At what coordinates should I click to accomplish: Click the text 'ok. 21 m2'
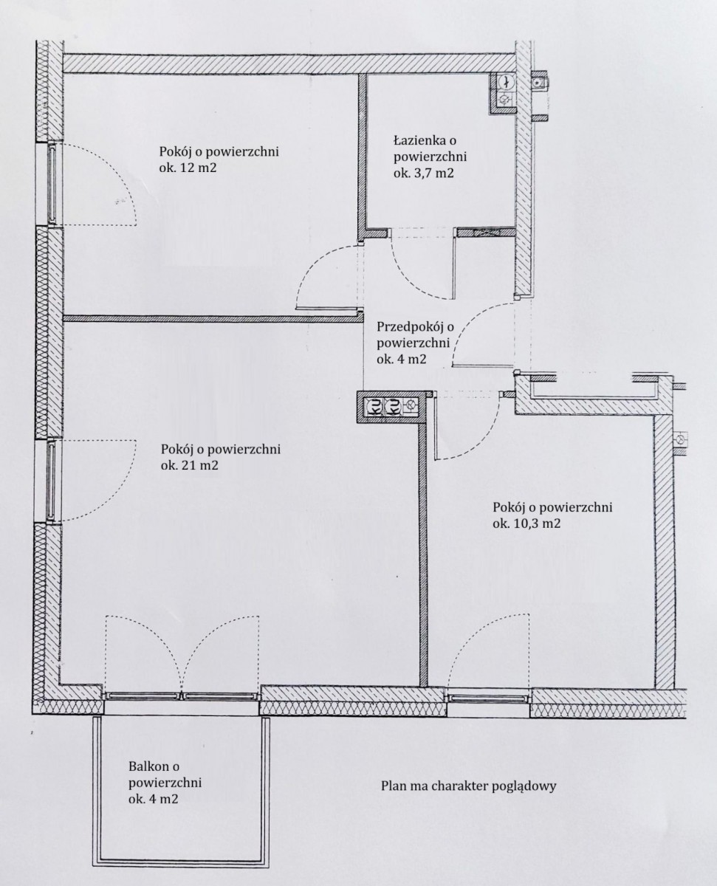190,465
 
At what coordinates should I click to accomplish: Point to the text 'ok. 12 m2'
188,168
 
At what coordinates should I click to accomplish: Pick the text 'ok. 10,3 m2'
526,523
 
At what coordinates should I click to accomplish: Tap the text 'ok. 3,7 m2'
423,173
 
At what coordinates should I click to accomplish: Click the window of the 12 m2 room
52,184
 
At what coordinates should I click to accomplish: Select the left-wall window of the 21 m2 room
51,481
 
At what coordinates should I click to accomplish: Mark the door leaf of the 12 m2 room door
327,308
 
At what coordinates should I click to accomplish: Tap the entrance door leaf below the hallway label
483,365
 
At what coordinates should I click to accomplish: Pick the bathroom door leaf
453,267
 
